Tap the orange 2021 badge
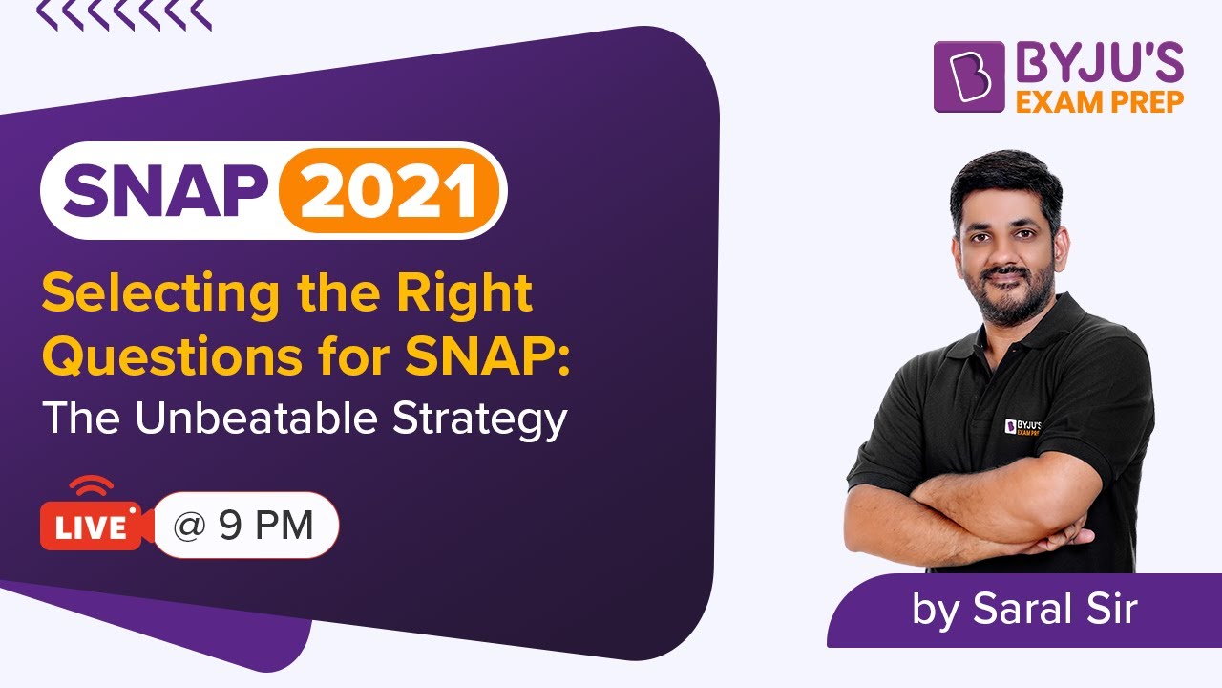tap(390, 189)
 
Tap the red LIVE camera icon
tap(90, 525)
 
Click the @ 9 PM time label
tap(244, 525)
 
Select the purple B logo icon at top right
tap(968, 76)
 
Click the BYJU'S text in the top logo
tap(1099, 64)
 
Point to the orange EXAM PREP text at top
tap(1099, 100)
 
